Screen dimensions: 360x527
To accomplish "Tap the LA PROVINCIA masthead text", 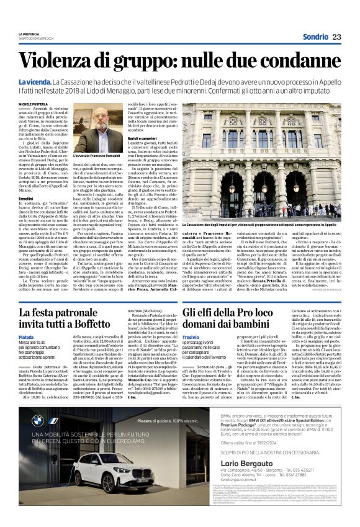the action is click(29, 32).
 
